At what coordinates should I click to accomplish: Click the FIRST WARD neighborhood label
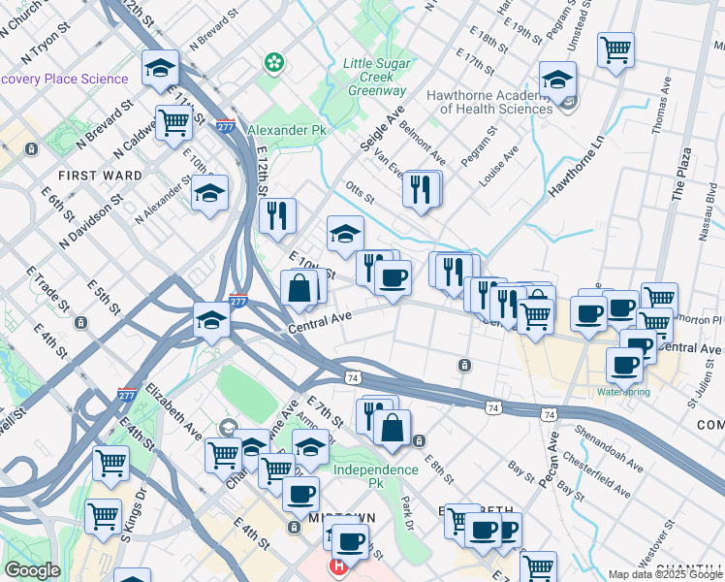pos(100,176)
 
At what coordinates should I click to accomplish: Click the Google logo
pos(32,570)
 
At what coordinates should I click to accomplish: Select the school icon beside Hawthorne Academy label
pos(558,80)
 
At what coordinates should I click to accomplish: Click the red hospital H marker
pos(338,567)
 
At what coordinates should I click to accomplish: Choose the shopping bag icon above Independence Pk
pos(392,428)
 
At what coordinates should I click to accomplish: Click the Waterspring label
pos(623,392)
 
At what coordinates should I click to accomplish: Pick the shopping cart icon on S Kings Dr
pos(104,517)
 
